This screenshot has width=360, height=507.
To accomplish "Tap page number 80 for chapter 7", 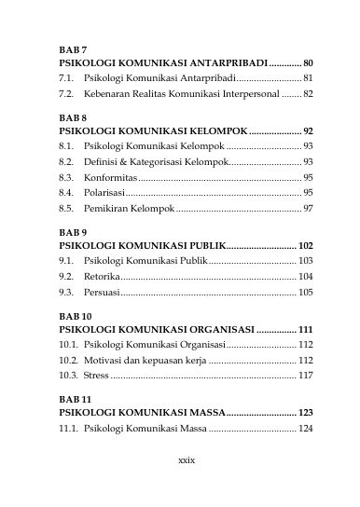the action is tap(308, 61).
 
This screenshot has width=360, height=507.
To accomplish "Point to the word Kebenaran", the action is tap(106, 94).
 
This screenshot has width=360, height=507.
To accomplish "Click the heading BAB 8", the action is tap(73, 118).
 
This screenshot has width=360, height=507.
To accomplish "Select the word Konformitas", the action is tap(108, 177).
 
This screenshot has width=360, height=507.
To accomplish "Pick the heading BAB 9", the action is tap(73, 231).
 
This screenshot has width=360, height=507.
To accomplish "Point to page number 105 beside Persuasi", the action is tap(306, 292).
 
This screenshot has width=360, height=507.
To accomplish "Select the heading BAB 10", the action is tap(76, 316).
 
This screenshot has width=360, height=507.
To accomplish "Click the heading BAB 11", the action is tap(76, 399).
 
